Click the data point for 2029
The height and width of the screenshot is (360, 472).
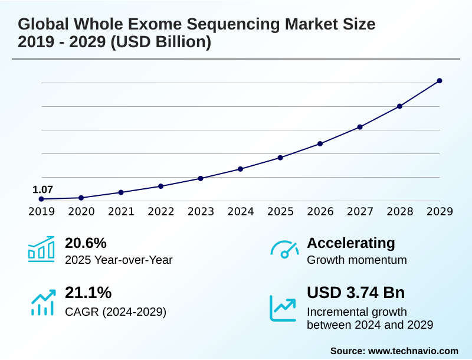pyautogui.click(x=440, y=81)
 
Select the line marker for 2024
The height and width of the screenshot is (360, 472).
pyautogui.click(x=241, y=169)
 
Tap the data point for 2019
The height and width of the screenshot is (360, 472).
pyautogui.click(x=41, y=199)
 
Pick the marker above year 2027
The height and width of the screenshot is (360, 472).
pyautogui.click(x=360, y=127)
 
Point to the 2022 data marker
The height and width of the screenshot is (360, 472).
pyautogui.click(x=161, y=186)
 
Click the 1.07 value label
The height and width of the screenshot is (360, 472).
pyautogui.click(x=42, y=189)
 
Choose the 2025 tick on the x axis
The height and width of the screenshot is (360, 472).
pyautogui.click(x=280, y=211)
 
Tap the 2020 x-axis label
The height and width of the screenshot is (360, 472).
pyautogui.click(x=81, y=211)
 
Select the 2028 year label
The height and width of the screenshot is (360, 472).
pyautogui.click(x=400, y=211)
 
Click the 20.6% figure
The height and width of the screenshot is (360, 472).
pyautogui.click(x=86, y=243)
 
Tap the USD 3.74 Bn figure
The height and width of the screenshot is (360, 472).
pyautogui.click(x=356, y=292)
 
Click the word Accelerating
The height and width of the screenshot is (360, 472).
pyautogui.click(x=351, y=243)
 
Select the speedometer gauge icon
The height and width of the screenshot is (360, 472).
pyautogui.click(x=284, y=249)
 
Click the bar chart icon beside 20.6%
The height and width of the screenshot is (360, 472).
pyautogui.click(x=41, y=249)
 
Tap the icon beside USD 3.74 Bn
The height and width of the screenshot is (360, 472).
pyautogui.click(x=283, y=308)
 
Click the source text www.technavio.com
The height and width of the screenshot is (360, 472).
pyautogui.click(x=413, y=351)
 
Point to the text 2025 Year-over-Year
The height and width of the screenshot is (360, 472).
pyautogui.click(x=119, y=260)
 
